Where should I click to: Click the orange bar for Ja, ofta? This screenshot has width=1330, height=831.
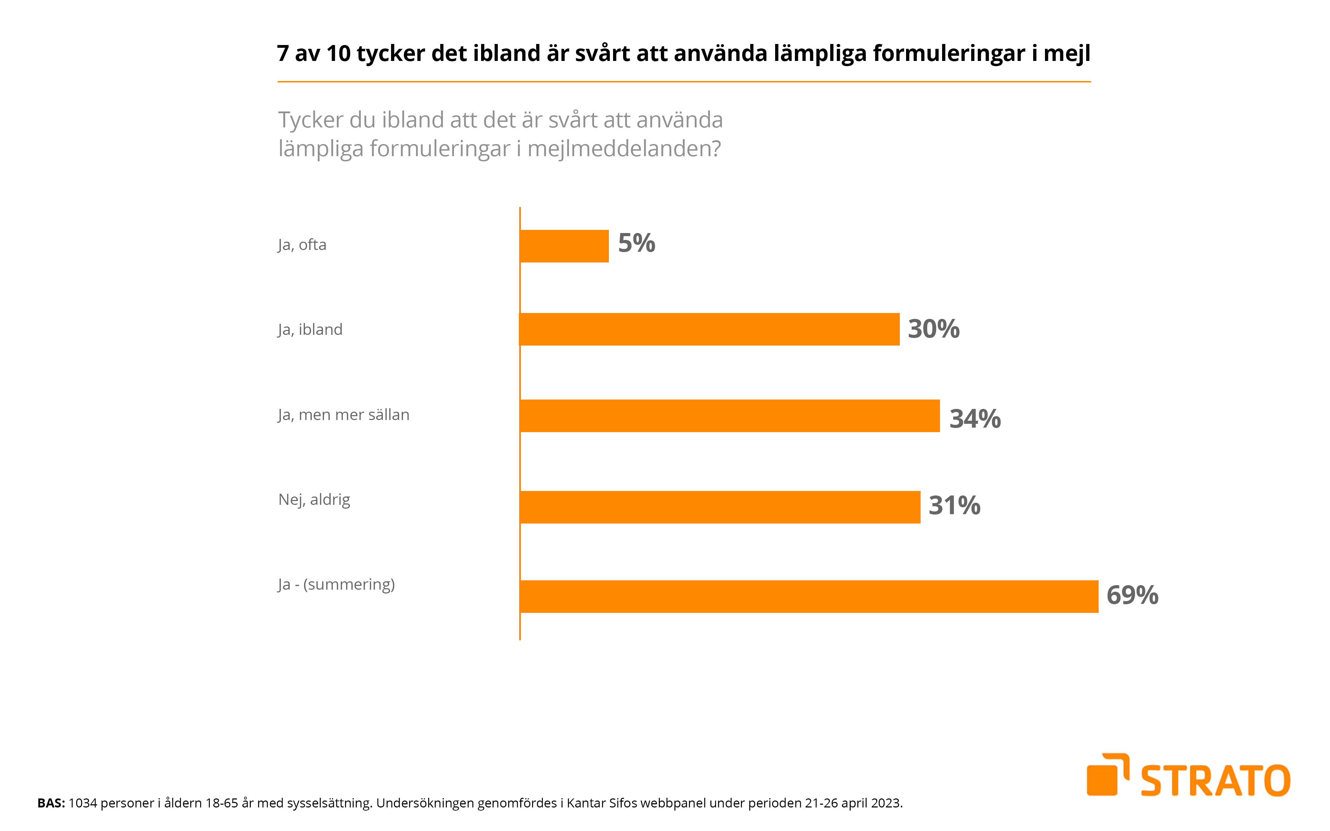[x=564, y=246]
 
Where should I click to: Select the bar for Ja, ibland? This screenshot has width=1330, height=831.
[x=709, y=329]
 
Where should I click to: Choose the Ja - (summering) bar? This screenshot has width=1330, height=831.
[x=808, y=596]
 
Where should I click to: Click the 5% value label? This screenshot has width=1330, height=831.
[x=636, y=243]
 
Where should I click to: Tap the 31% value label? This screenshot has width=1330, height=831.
[x=954, y=506]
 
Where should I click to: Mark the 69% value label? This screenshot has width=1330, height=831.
[x=1132, y=595]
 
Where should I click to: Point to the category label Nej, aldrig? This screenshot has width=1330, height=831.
[x=314, y=500]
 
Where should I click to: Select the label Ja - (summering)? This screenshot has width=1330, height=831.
[x=336, y=584]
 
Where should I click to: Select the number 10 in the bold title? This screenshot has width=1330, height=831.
[x=338, y=53]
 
